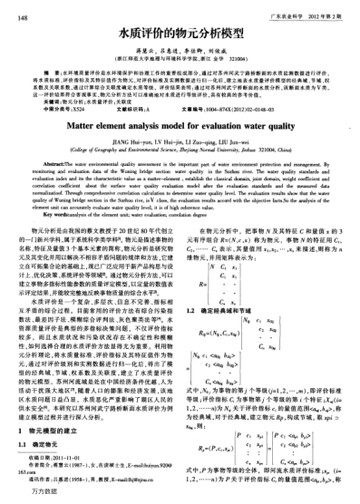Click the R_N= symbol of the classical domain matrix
(209, 329)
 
